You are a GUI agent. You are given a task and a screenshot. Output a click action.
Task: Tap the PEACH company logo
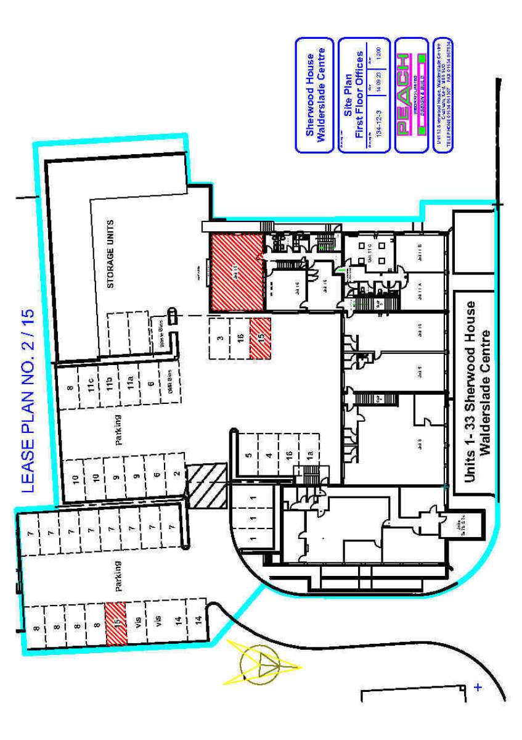401,95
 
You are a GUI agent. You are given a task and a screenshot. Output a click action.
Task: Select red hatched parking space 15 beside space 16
260,338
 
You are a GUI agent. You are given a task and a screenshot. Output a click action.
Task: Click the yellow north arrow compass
263,665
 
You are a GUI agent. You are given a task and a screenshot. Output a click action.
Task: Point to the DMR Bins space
164,377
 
